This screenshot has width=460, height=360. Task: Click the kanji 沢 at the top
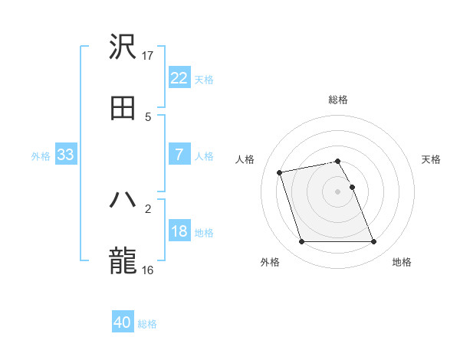tap(123, 48)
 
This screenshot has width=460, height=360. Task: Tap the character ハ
tap(123, 200)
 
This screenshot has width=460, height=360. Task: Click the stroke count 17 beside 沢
tap(148, 56)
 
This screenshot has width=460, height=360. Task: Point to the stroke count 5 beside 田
tap(148, 116)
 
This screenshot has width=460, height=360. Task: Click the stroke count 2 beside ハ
tap(148, 208)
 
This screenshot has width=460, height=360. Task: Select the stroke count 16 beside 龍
tap(148, 269)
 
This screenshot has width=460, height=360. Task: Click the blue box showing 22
tap(179, 78)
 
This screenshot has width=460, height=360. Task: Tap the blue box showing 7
tap(179, 155)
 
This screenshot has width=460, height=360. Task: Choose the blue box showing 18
tap(179, 231)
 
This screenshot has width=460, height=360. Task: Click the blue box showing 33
tap(65, 155)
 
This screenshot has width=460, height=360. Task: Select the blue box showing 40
tap(123, 322)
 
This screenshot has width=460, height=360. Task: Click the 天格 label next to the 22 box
tap(204, 79)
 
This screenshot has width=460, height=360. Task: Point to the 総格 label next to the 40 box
tap(147, 324)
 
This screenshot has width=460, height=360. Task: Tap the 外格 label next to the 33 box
tap(41, 155)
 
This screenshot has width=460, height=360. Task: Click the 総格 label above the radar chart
tap(338, 100)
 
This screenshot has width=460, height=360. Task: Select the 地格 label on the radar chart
tap(402, 262)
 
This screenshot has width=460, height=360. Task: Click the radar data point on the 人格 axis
tap(280, 172)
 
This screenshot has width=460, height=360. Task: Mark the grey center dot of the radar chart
tap(338, 191)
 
